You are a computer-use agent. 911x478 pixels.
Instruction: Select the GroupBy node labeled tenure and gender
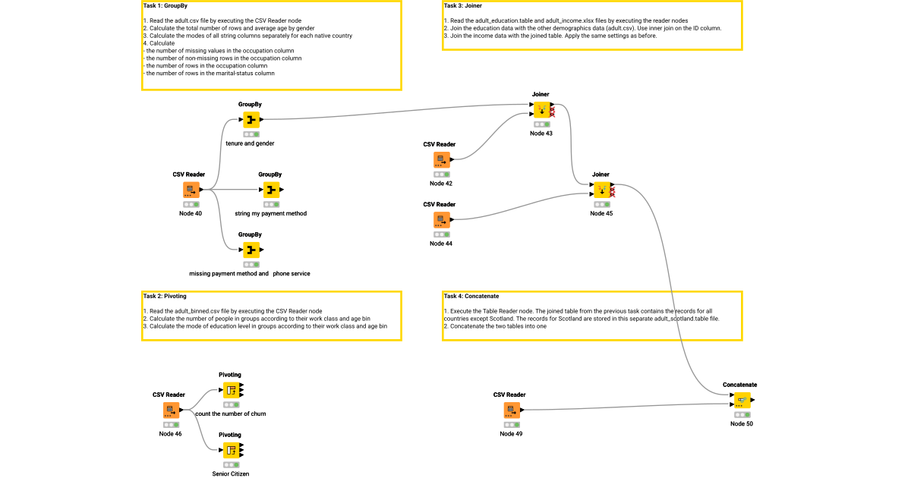pos(251,119)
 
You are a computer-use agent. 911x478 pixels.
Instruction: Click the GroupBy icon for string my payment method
pos(271,190)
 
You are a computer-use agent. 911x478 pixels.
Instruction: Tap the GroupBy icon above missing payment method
pos(251,250)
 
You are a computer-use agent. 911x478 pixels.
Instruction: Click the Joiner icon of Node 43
pos(541,110)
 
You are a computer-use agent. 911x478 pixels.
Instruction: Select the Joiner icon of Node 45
pos(601,190)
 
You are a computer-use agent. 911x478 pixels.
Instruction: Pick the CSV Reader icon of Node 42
pos(441,159)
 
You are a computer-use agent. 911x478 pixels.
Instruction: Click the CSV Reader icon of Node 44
pos(441,220)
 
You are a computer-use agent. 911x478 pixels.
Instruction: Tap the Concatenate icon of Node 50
pos(741,400)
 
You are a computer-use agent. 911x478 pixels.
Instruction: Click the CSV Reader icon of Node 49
pos(511,410)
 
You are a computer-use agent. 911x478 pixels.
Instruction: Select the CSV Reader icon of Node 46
pos(170,410)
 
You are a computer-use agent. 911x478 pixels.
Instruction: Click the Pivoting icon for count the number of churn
pos(230,390)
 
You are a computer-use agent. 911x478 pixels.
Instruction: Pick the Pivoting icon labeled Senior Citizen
pos(230,450)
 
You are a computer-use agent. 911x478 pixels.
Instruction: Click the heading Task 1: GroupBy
pos(165,6)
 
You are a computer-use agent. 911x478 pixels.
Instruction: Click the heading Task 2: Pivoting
pos(165,296)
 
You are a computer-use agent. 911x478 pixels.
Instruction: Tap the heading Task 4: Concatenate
pos(471,296)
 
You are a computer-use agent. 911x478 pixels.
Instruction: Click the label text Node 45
pos(601,213)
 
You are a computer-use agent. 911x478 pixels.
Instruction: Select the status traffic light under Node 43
pos(541,124)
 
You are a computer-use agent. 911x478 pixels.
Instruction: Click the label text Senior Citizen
pos(230,473)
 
